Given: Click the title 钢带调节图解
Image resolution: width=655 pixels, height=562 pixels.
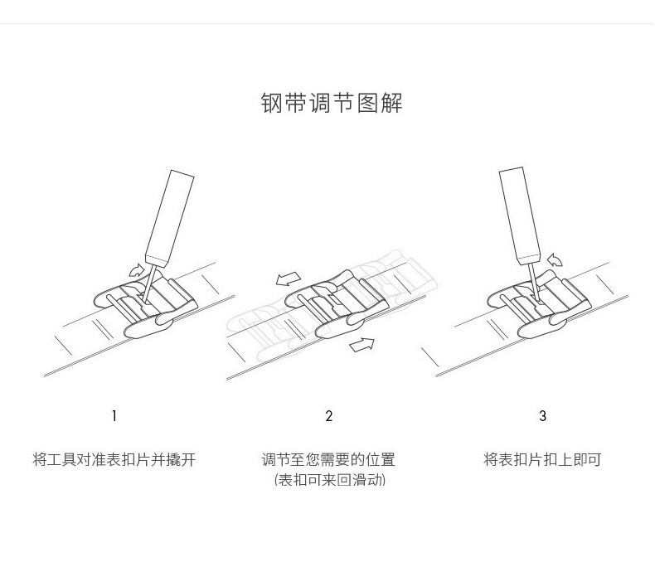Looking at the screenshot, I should pyautogui.click(x=332, y=104).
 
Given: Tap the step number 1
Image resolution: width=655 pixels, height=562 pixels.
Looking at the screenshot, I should pyautogui.click(x=114, y=416).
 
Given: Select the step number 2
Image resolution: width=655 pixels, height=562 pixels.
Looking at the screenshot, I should pyautogui.click(x=329, y=416).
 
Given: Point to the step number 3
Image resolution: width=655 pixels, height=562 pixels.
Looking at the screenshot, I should pyautogui.click(x=543, y=416).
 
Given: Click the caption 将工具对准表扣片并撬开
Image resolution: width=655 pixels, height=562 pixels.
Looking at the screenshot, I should pyautogui.click(x=114, y=459).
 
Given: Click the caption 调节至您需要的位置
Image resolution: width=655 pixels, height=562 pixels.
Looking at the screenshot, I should pyautogui.click(x=329, y=459).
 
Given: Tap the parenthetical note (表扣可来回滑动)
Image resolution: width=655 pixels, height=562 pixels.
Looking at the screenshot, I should pyautogui.click(x=329, y=480).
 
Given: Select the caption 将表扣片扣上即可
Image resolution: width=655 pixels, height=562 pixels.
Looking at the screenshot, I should pyautogui.click(x=542, y=459).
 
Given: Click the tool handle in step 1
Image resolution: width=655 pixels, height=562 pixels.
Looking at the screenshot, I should pyautogui.click(x=168, y=215).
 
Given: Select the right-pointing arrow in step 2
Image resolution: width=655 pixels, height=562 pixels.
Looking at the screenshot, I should pyautogui.click(x=361, y=343).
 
